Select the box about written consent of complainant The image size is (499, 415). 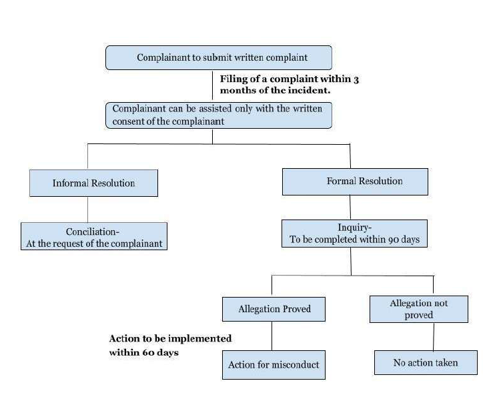[x=218, y=114]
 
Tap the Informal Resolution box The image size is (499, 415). [x=93, y=183]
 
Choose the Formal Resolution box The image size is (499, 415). [x=355, y=181]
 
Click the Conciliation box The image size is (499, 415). [x=93, y=237]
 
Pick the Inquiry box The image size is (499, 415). [x=354, y=234]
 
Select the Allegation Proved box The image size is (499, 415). [x=274, y=309]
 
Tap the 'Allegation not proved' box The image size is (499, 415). [x=418, y=309]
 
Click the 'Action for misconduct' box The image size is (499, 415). [x=274, y=364]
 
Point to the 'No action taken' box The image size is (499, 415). [x=426, y=363]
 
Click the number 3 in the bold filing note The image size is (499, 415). [x=356, y=79]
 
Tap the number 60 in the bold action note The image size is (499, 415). [x=151, y=352]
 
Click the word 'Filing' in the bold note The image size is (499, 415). [x=235, y=79]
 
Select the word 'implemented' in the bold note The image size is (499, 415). [x=201, y=339]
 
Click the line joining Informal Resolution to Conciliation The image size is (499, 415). [x=87, y=210]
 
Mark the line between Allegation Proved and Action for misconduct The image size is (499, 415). [x=272, y=336]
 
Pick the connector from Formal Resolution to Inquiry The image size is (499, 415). [x=352, y=207]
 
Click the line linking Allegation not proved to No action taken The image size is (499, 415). [x=434, y=337]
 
